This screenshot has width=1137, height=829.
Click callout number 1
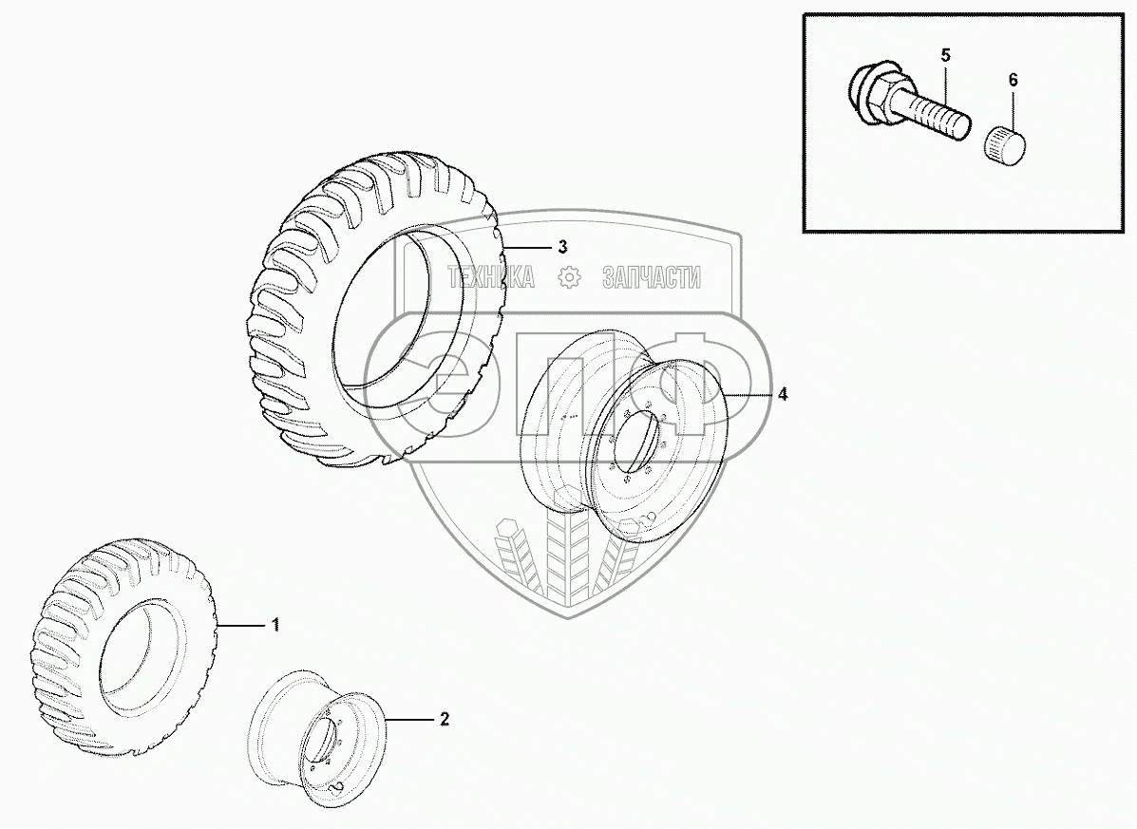[x=275, y=625]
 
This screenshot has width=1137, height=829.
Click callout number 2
[x=444, y=719]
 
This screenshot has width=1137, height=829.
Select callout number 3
[x=562, y=247]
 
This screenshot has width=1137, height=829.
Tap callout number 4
[x=782, y=394]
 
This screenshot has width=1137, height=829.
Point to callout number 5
[x=945, y=55]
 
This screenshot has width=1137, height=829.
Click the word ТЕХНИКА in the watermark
[x=490, y=277]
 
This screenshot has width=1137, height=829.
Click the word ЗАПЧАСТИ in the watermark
[x=652, y=277]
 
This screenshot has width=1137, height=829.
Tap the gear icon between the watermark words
[x=570, y=277]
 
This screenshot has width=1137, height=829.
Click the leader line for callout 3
[x=527, y=247]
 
